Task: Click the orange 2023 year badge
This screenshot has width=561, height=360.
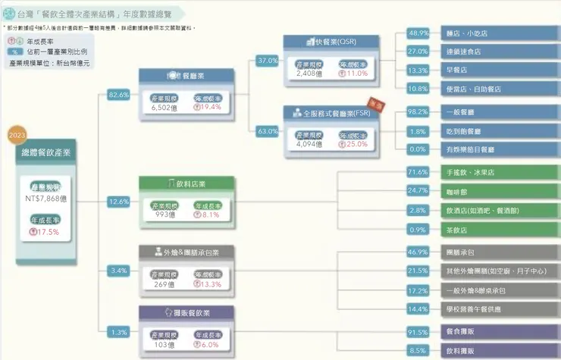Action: pos(17,134)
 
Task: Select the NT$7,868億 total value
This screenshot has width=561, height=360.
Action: pos(46,199)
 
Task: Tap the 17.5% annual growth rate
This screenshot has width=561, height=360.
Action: pos(46,232)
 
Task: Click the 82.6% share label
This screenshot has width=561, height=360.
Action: pos(119,95)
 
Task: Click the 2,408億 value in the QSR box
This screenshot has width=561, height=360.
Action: pos(310,74)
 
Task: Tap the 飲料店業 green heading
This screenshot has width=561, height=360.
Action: pos(186,183)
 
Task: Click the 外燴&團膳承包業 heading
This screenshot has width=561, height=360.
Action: pos(186,252)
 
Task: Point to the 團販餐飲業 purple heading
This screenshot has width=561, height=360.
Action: pos(186,311)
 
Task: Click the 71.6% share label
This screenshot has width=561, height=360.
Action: pos(418,172)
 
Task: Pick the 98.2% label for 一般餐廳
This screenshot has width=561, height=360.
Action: pos(418,111)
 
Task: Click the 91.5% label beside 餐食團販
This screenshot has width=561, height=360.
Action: pos(418,332)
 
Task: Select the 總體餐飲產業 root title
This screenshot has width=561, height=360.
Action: pos(46,152)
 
